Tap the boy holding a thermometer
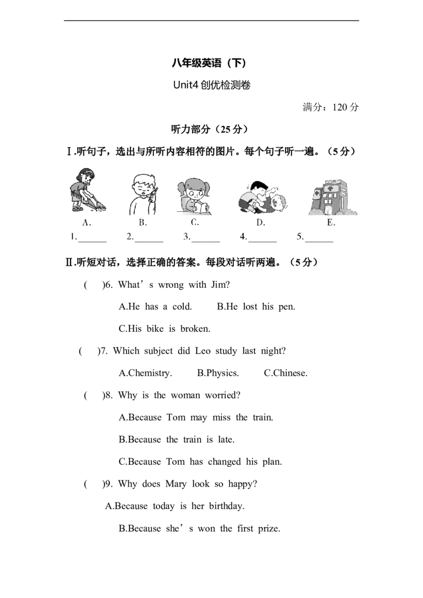pos(143,194)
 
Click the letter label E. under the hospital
pos(331,223)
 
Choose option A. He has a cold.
pos(155,306)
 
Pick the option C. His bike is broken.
pos(164,329)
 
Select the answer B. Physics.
pos(218,373)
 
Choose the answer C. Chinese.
pos(286,373)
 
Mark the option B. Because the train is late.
pos(177,440)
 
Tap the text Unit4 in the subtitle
pos(186,85)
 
